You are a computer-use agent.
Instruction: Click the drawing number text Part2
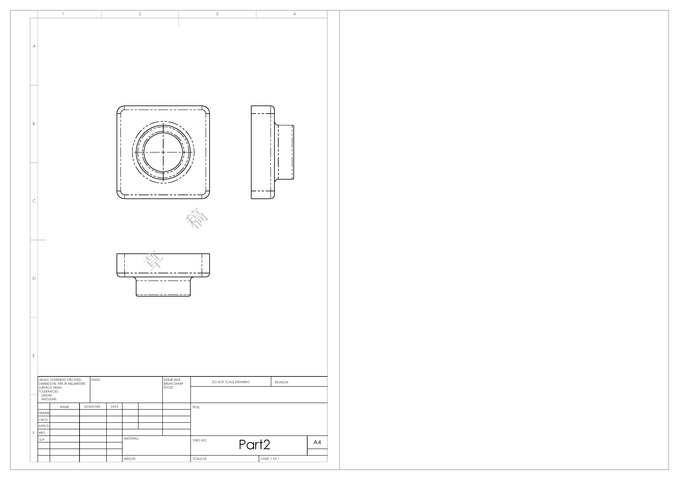(254, 444)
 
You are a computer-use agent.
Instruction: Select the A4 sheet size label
(317, 442)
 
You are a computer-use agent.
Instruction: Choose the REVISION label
(282, 382)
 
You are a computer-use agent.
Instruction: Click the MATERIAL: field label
(131, 438)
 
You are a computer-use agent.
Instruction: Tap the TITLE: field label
(196, 407)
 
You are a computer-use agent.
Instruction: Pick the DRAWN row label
(44, 413)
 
